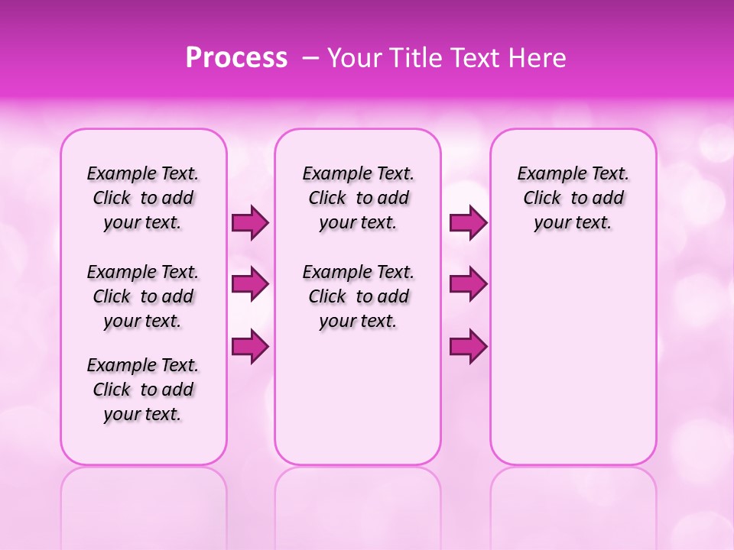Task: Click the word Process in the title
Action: coord(236,58)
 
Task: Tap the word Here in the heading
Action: coord(536,58)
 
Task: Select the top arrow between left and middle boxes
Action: coord(250,223)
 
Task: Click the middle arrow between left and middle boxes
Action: coord(250,284)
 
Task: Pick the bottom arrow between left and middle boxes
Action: coord(250,346)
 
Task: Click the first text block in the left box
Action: coord(143,198)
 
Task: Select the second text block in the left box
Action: coord(143,296)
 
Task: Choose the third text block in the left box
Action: coord(143,390)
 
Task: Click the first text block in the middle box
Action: coord(358,198)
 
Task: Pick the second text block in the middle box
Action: coord(358,296)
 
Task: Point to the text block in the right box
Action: coord(573,198)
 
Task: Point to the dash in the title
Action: coord(310,58)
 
